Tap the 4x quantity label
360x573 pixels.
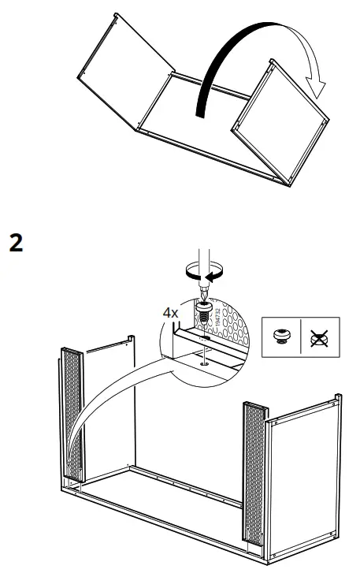[x=171, y=314]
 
